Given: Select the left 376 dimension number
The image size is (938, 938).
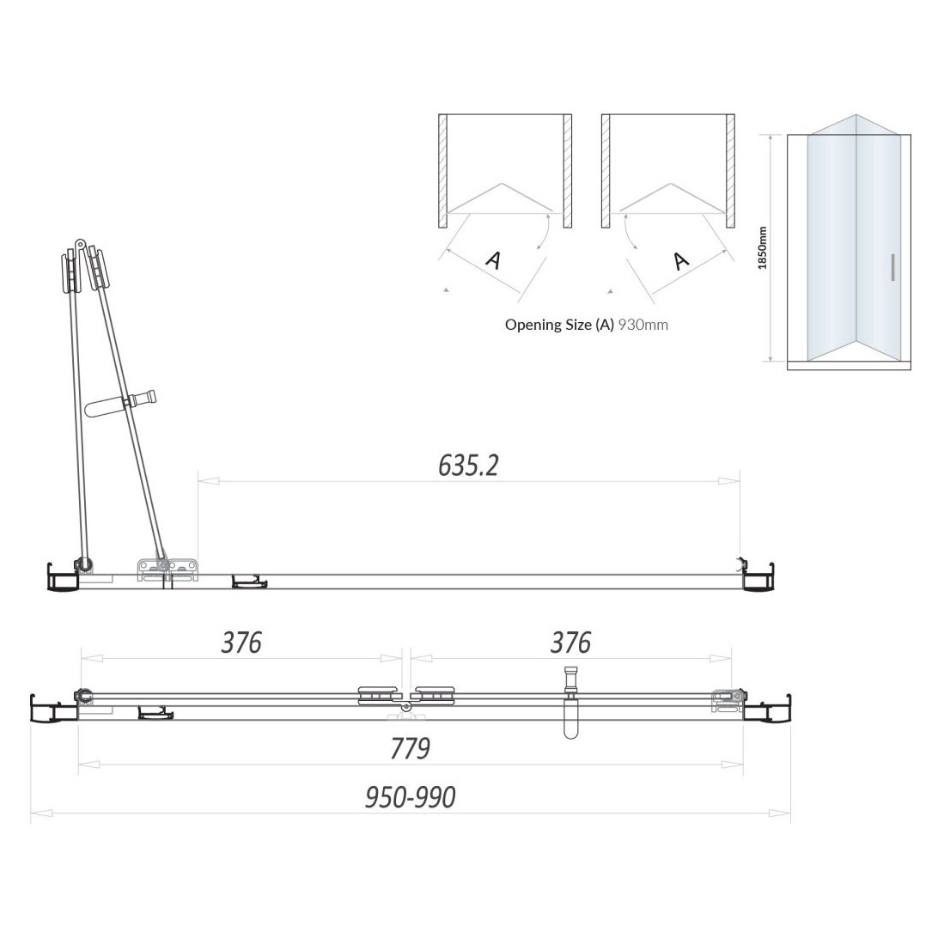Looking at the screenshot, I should tap(241, 643).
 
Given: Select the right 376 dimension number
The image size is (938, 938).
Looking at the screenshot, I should tap(571, 643).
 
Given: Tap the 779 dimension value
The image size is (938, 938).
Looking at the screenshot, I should tap(410, 749).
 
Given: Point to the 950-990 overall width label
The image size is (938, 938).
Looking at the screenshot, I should tap(410, 798).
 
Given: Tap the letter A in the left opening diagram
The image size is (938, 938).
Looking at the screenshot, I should tap(493, 259).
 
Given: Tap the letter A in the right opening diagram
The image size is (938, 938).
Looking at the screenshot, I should tap(679, 259).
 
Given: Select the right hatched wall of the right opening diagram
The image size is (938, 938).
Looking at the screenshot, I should tap(730, 171).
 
